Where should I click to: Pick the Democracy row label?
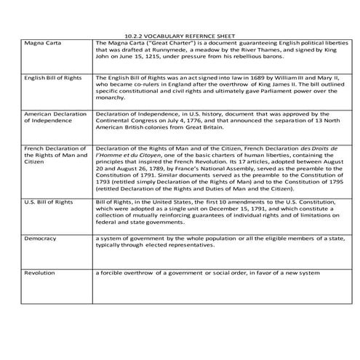(41, 238)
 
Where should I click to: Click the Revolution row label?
(41, 272)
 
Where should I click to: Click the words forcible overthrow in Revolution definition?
(129, 272)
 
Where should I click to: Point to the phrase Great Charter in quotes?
(167, 43)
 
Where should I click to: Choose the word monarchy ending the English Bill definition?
(110, 100)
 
